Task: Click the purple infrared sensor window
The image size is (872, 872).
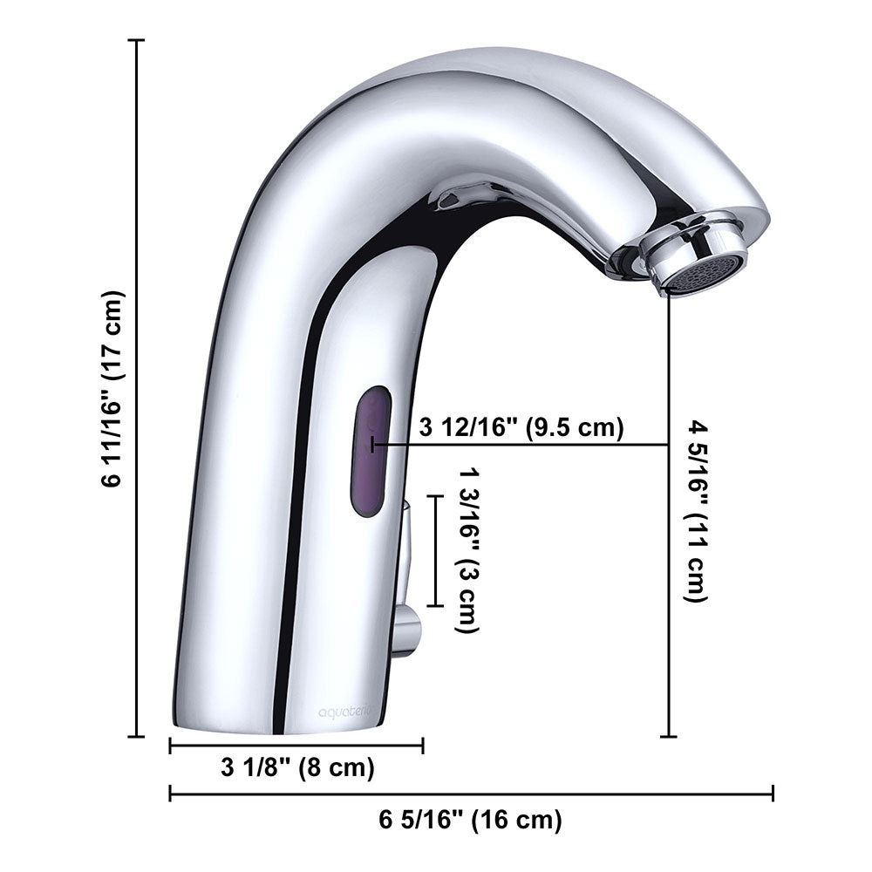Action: [371, 451]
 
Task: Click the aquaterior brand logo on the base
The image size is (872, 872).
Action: [344, 712]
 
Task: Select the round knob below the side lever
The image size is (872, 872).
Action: [405, 630]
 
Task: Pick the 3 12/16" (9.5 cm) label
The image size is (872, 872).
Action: [521, 429]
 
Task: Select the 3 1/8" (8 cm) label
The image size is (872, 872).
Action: [297, 768]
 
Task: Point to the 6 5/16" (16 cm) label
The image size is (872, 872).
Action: [470, 820]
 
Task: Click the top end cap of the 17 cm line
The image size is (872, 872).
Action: [136, 40]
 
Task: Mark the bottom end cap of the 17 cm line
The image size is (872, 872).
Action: [136, 737]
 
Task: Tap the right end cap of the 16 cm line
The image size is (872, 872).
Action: [773, 794]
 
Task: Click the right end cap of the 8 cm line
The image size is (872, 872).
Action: [423, 746]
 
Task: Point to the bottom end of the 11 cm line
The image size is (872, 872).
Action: [669, 737]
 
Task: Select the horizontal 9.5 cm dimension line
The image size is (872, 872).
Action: [523, 446]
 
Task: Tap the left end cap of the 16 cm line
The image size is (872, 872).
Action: [170, 794]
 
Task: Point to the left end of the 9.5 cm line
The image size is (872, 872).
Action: [373, 446]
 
